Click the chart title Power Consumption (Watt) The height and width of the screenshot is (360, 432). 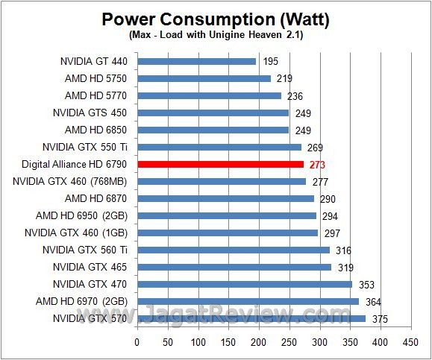pyautogui.click(x=216, y=19)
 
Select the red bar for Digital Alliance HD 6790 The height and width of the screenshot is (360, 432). pyautogui.click(x=220, y=164)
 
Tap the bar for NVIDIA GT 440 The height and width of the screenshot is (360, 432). pyautogui.click(x=196, y=61)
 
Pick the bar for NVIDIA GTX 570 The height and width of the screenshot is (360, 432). pyautogui.click(x=251, y=318)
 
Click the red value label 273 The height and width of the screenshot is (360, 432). pyautogui.click(x=317, y=164)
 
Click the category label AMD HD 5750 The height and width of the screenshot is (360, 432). pyautogui.click(x=96, y=78)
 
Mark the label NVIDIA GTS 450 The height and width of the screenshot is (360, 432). pyautogui.click(x=90, y=113)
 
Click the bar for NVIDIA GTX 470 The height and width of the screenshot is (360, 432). pyautogui.click(x=244, y=284)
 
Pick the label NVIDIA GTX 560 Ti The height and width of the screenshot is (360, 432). pyautogui.click(x=84, y=250)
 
